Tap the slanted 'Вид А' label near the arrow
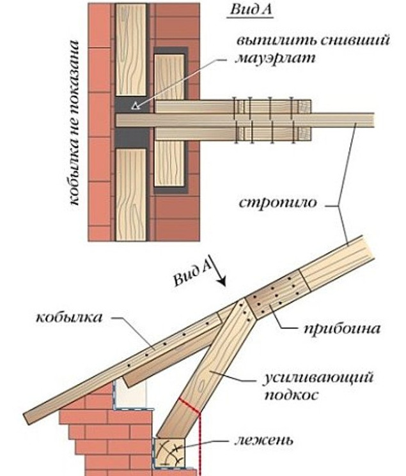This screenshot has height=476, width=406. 192,273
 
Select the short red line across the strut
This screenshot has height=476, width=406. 191,405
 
